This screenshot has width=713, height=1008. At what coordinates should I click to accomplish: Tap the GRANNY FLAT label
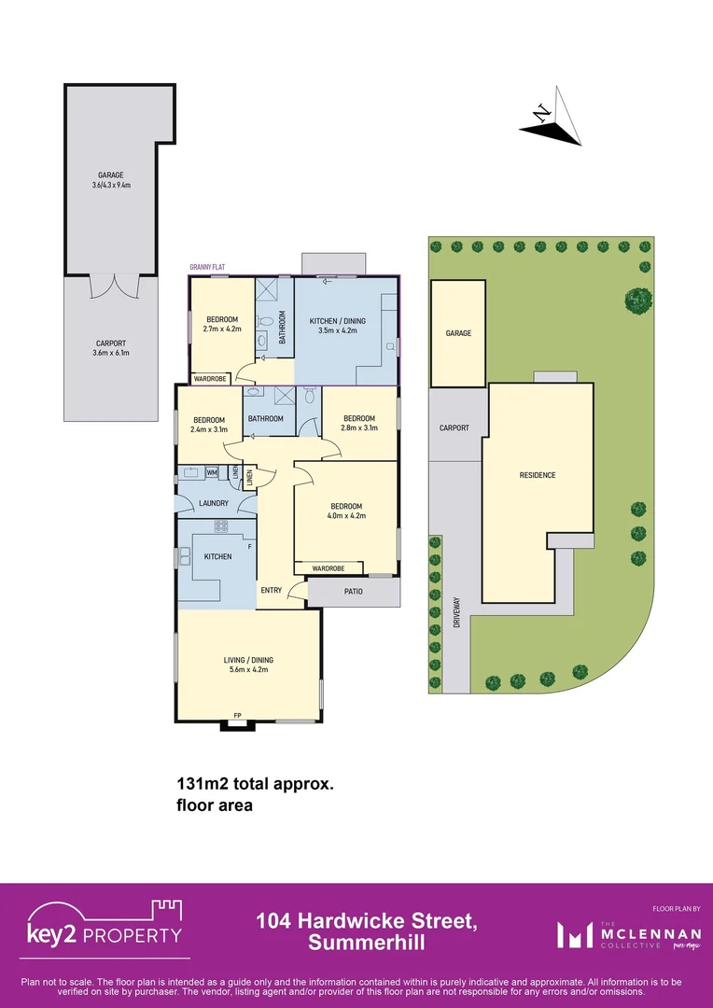click(208, 268)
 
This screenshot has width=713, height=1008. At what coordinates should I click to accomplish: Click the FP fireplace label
click(237, 716)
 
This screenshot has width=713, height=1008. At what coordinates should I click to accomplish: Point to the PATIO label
click(353, 591)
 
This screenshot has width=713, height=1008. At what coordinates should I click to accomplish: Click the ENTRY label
click(272, 590)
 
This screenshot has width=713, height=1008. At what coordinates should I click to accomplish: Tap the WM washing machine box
click(213, 473)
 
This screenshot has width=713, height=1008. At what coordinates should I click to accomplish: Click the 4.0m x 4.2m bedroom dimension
click(346, 515)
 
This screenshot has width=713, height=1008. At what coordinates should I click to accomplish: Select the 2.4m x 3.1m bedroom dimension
click(209, 429)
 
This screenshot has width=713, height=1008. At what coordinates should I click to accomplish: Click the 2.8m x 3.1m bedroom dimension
click(359, 428)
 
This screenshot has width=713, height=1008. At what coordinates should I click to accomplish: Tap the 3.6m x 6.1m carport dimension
click(110, 352)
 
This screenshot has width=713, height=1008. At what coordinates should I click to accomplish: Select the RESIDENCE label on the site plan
click(538, 475)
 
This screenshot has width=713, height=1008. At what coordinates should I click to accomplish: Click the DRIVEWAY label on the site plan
click(457, 612)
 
